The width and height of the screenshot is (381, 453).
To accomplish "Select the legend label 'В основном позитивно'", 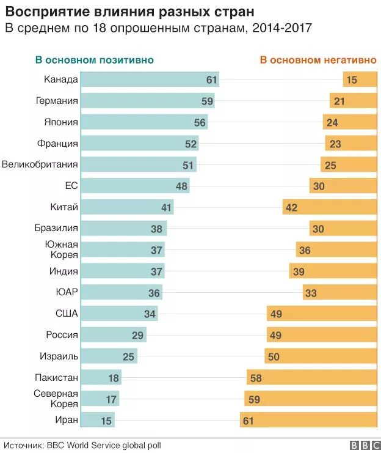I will click(94, 60).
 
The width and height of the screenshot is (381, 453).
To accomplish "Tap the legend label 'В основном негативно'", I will click(318, 60).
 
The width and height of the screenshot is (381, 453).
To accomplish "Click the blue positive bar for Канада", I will click(150, 79).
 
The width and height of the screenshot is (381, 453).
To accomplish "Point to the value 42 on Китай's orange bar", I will click(291, 207).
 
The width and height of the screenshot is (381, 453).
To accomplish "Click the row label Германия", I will click(57, 101).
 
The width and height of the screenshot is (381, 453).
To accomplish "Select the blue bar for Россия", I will click(114, 335).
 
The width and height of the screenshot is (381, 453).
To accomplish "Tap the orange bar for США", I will click(321, 314).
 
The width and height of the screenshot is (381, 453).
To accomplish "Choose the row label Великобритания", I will click(40, 164).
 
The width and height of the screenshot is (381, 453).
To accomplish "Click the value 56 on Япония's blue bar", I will click(200, 122).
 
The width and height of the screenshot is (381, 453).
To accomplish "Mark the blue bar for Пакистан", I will click(101, 378).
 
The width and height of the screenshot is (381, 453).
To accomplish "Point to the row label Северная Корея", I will click(56, 399).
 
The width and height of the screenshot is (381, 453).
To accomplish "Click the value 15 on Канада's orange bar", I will click(351, 79).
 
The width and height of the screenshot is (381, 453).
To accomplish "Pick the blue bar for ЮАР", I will click(122, 292).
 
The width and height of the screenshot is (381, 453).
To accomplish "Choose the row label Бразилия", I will click(57, 229).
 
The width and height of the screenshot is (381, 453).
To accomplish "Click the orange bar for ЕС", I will click(343, 186).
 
